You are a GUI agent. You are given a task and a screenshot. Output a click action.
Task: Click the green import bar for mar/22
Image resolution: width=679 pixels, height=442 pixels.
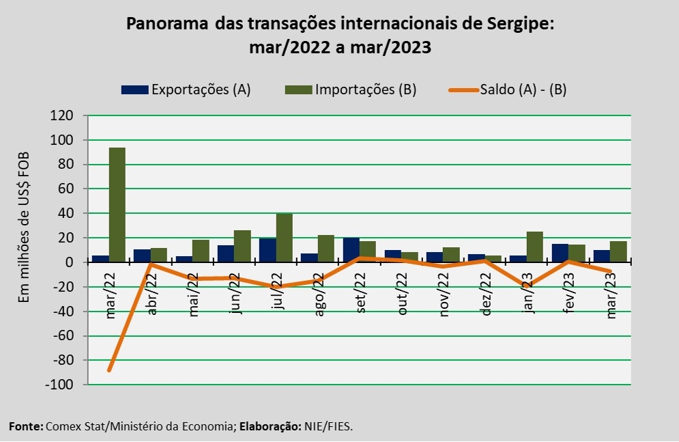coord(117,204)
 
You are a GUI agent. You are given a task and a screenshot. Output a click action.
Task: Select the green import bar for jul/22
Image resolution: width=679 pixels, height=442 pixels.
coord(284,238)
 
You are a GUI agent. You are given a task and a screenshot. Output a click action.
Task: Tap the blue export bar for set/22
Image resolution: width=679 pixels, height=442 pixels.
coord(351,250)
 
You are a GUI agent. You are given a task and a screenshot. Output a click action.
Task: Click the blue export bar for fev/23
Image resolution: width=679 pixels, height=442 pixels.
coord(560,253)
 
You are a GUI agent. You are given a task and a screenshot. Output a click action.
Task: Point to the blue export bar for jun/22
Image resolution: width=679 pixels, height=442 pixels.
coord(226,253)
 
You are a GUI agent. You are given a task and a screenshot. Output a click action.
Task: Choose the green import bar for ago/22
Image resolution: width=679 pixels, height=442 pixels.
coord(326,248)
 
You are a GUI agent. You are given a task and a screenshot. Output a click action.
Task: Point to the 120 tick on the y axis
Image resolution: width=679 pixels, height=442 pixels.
coord(61,115)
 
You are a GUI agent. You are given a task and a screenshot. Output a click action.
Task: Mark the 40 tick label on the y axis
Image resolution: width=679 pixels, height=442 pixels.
coord(66,213)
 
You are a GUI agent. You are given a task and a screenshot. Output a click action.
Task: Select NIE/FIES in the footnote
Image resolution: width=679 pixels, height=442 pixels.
coord(328,426)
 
